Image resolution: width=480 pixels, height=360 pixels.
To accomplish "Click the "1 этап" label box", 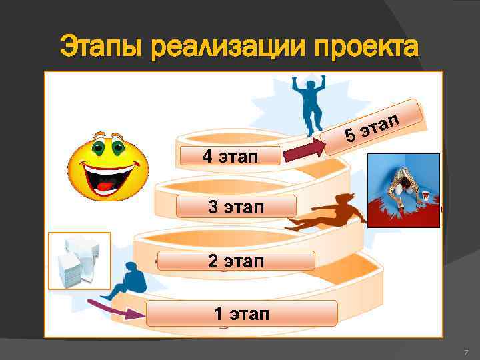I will pos(241,313).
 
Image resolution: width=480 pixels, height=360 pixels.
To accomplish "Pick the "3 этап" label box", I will pos(236,207).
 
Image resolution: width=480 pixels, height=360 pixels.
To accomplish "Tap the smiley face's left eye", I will pos(97,145).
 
